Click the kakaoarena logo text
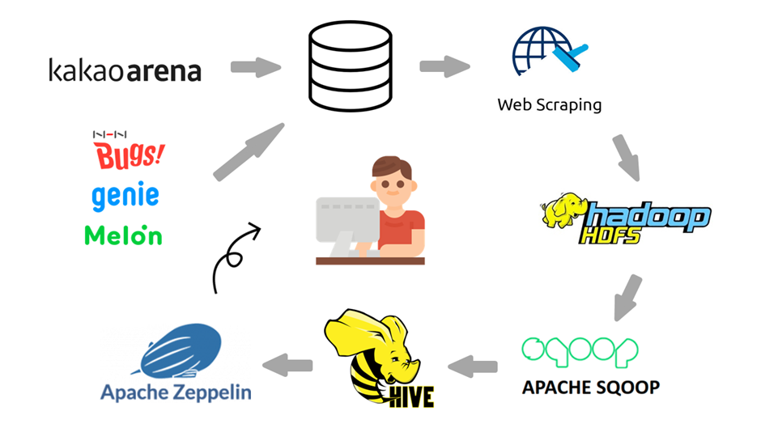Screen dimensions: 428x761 click(x=125, y=70)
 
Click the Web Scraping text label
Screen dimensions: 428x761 click(x=549, y=105)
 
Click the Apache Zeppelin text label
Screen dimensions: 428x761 click(x=176, y=393)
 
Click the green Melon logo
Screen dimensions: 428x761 click(x=123, y=235)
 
